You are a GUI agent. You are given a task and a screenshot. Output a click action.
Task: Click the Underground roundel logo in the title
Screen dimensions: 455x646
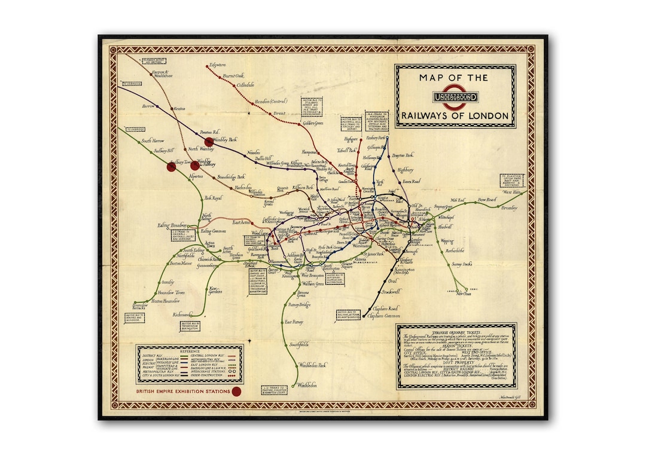click(455, 97)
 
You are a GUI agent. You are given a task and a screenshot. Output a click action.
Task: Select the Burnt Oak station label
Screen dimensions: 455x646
click(233, 76)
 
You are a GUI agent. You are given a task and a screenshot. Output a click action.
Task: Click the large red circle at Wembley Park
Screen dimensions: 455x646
click(208, 141)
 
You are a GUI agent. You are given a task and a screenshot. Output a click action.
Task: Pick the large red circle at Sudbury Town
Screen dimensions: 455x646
click(171, 167)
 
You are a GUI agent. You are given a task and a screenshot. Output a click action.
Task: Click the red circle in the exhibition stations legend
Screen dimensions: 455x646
click(236, 392)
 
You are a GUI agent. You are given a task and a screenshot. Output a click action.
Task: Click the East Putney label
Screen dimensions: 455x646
click(294, 322)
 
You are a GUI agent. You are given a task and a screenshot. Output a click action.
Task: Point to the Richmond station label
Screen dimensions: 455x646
click(181, 314)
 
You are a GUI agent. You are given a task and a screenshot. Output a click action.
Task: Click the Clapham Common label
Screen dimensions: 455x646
click(383, 316)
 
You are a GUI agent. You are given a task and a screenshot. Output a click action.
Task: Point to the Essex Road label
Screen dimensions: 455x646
click(411, 181)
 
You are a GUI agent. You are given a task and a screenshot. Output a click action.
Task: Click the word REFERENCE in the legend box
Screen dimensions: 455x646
click(191, 351)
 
